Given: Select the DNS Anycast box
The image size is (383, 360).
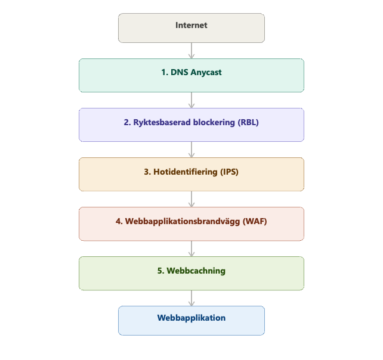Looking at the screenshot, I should [191, 75].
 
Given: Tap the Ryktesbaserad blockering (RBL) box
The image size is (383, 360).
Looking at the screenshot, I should [191, 125].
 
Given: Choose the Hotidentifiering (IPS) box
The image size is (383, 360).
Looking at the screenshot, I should [191, 174].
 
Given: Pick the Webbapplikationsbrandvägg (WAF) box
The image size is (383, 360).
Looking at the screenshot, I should [191, 224].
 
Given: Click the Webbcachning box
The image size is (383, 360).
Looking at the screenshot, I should [191, 273].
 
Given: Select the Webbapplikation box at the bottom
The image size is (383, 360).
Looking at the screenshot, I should [191, 321].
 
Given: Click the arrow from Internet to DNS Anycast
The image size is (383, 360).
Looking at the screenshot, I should [191, 51].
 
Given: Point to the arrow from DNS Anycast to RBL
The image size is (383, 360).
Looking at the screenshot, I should [191, 100].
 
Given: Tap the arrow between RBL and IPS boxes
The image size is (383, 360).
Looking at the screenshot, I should [191, 150].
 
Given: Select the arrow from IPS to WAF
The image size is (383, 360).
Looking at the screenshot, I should [191, 199].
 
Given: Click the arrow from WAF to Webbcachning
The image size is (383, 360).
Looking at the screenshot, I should [191, 249].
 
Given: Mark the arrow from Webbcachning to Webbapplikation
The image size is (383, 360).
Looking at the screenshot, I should [191, 298].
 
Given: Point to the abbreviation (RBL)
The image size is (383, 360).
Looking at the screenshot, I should [248, 122].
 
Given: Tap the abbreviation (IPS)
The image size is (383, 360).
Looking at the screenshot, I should [228, 172].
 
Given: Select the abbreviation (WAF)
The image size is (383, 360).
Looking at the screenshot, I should [255, 221].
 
